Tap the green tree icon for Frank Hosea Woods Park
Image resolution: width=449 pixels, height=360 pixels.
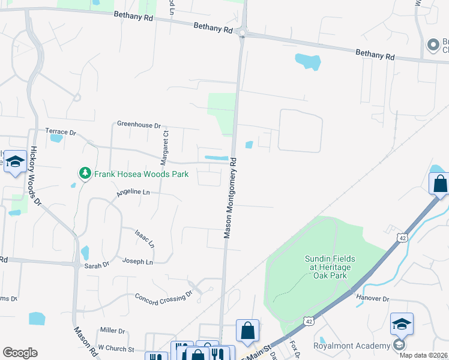point(85,173)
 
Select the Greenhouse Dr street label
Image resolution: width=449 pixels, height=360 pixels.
point(139,126)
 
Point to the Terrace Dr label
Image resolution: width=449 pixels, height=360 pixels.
point(61,131)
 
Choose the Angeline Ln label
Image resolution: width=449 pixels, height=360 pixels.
point(133,192)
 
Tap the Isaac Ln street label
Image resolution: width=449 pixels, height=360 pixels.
point(145,238)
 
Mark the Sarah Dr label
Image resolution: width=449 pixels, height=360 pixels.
point(97,265)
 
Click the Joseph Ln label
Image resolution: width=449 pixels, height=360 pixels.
point(137,262)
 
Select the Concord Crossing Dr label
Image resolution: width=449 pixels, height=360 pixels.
point(163,296)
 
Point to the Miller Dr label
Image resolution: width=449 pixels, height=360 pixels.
point(113,331)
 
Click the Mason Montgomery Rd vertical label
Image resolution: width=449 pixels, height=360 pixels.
point(231,198)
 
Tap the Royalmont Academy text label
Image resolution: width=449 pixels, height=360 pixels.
point(352,345)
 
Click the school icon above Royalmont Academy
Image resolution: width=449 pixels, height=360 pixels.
point(402,325)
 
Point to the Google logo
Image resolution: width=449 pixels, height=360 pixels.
point(20,353)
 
